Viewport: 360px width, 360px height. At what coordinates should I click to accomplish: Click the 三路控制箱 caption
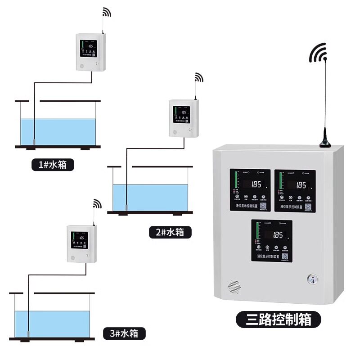click(279, 319)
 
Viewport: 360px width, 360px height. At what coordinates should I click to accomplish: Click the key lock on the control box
click(311, 279)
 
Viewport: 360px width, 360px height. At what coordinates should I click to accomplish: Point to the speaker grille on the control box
click(233, 286)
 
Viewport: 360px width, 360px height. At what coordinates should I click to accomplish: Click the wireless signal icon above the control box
click(318, 54)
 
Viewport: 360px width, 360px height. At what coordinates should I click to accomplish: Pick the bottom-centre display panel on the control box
click(272, 240)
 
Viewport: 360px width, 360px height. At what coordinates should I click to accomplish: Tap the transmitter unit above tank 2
click(183, 118)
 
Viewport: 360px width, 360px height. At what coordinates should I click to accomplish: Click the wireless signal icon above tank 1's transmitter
click(106, 12)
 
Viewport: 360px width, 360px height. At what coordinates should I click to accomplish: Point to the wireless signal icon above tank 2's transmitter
click(198, 78)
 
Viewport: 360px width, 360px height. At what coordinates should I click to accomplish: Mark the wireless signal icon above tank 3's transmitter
click(97, 203)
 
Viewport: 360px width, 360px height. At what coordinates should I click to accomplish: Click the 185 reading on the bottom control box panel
click(278, 235)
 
